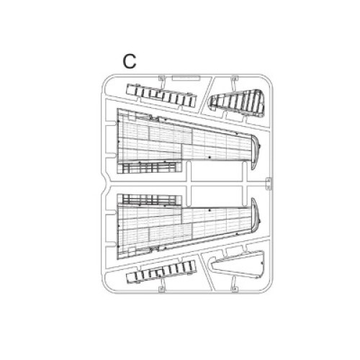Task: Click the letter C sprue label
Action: point(130,61)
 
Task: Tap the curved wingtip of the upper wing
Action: point(256,153)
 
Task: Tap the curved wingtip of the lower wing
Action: point(256,215)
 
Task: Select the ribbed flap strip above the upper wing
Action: point(161,95)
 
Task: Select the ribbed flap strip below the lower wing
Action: point(161,272)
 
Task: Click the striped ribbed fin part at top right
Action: point(238,103)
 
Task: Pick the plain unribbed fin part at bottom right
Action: point(238,264)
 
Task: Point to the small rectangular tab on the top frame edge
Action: point(186,78)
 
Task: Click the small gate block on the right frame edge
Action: point(269,184)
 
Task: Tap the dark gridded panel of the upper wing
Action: point(149,168)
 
